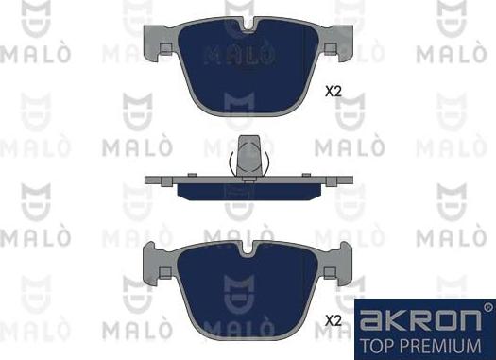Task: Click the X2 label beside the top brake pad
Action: (x=333, y=92)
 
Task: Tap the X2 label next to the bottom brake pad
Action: (x=333, y=320)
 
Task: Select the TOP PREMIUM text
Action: (x=424, y=343)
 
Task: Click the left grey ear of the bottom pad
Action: (x=150, y=260)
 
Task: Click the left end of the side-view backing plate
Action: (x=149, y=180)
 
